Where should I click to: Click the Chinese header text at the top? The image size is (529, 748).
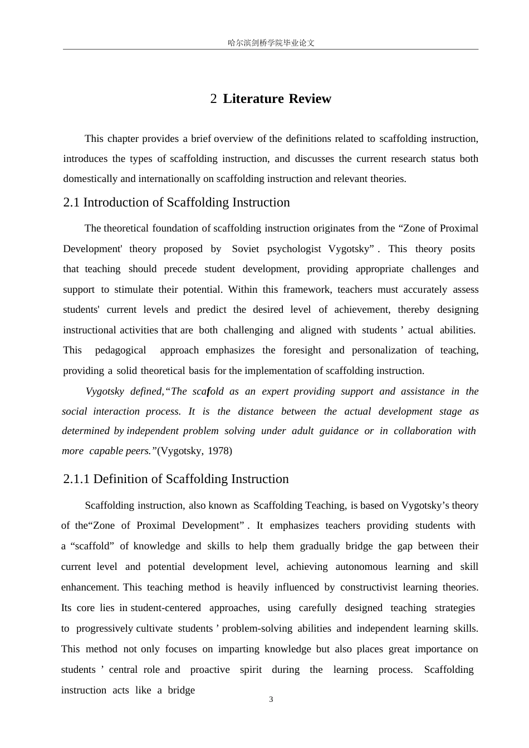coord(271,43)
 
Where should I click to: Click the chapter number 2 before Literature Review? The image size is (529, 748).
coord(213,99)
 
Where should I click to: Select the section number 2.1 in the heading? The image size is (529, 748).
coord(71,203)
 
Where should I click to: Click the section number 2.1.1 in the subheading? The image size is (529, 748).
coord(76,479)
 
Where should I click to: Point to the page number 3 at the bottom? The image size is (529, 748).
coord(271,700)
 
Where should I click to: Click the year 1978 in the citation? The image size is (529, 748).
coord(219,451)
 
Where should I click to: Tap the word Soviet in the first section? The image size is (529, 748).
coord(246,249)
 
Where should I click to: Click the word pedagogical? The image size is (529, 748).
coord(120,350)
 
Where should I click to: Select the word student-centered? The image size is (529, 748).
coord(166,608)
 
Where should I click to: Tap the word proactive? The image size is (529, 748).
coord(210,670)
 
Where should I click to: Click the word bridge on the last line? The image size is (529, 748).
coord(182,690)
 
